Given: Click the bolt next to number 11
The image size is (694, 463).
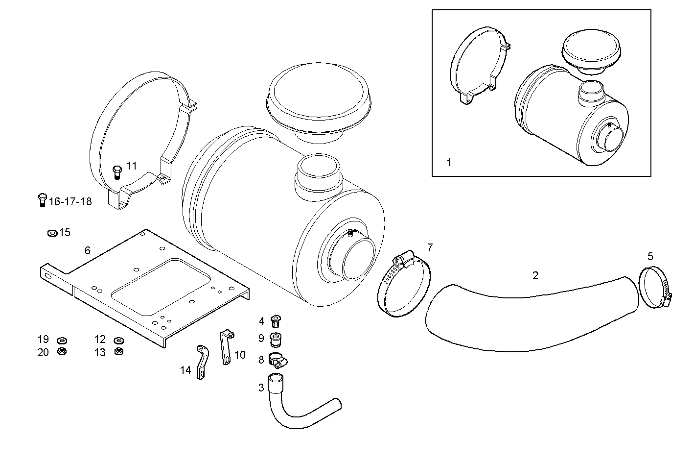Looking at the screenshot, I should [x=116, y=172].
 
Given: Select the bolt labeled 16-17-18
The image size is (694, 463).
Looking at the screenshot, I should [x=42, y=200].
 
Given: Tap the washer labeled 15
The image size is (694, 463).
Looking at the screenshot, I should [x=52, y=233].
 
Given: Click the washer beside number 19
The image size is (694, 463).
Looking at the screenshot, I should [x=62, y=341].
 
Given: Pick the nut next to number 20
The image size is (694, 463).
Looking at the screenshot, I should [x=62, y=351].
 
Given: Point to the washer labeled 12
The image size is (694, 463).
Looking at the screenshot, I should [x=118, y=341].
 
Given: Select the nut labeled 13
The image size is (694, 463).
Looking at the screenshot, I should [x=118, y=351].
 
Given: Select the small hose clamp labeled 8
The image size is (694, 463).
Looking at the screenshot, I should [x=277, y=361].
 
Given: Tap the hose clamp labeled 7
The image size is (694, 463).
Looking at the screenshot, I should [x=404, y=287].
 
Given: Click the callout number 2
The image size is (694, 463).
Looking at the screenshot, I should [x=535, y=276].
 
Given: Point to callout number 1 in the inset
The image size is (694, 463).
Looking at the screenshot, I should [x=449, y=162].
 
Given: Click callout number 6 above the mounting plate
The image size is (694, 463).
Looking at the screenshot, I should [x=88, y=251].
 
